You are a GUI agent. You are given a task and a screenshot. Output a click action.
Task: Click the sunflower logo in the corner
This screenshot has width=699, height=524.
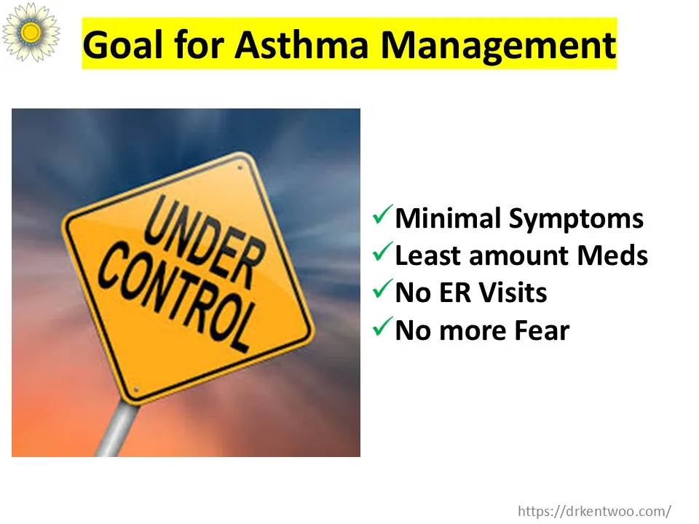click(31, 31)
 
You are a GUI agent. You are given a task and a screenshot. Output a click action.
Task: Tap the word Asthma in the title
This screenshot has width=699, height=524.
click(301, 44)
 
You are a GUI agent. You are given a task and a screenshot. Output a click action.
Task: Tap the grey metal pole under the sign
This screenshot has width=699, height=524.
click(116, 429)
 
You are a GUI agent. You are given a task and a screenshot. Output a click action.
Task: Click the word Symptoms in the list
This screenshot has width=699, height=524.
click(576, 220)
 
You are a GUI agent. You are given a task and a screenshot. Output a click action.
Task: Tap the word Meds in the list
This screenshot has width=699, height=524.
click(612, 255)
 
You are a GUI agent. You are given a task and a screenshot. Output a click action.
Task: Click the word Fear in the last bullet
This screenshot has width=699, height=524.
click(542, 330)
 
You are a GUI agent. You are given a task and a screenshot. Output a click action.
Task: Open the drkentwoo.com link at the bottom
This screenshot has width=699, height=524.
click(595, 511)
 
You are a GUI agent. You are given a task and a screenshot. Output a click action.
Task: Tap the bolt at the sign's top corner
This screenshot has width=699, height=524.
click(240, 167)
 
